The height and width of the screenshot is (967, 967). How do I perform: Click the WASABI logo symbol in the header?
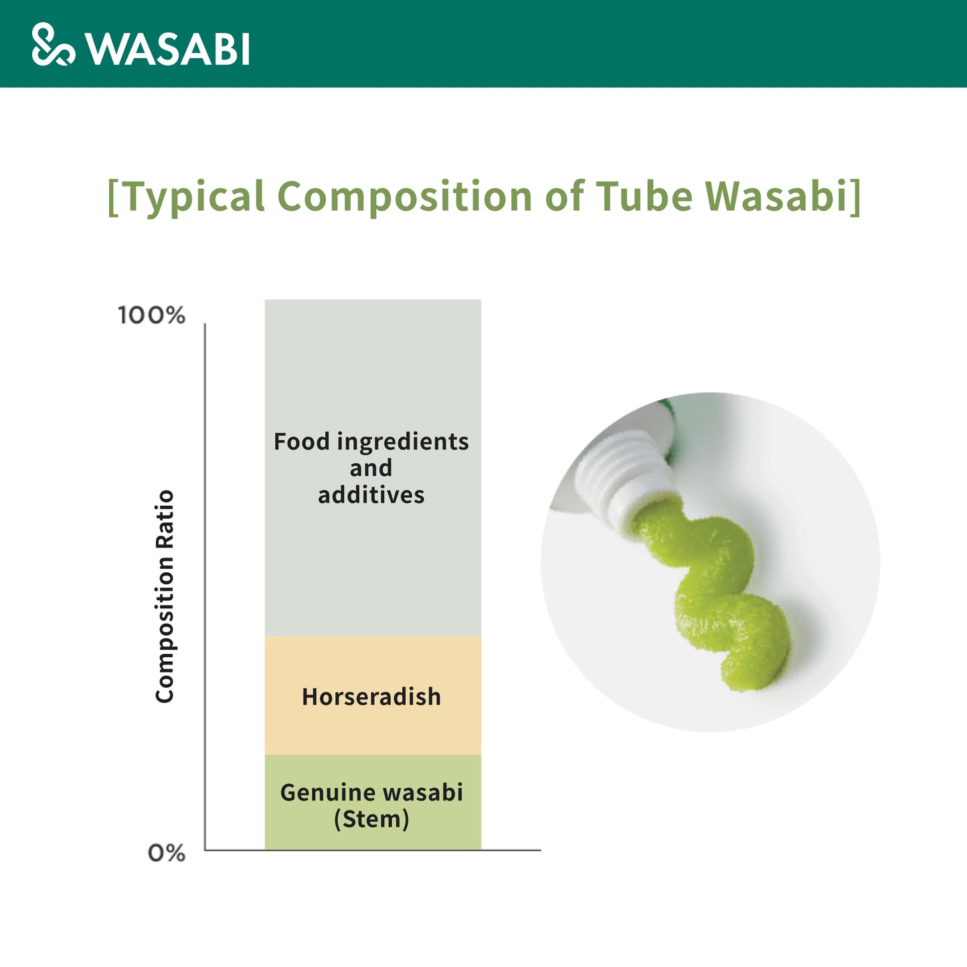tap(54, 44)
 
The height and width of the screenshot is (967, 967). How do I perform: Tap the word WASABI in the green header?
tap(167, 49)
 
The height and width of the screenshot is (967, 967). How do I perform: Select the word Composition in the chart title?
tap(404, 197)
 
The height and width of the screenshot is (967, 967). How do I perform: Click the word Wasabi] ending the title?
tap(784, 197)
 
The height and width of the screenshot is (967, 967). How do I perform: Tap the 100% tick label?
tap(151, 316)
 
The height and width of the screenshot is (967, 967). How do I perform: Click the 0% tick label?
tap(167, 853)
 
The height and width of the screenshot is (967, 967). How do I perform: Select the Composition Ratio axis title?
tap(165, 597)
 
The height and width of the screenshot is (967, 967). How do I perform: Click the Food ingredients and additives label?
tap(371, 468)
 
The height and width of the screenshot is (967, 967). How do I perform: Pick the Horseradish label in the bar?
tap(371, 697)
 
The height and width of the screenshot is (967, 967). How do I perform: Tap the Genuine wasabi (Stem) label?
tap(371, 806)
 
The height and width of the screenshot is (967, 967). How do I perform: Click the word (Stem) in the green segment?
tap(372, 820)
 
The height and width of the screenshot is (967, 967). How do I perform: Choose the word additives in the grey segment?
tap(371, 495)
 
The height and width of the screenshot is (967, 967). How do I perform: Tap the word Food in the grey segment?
tap(301, 442)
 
